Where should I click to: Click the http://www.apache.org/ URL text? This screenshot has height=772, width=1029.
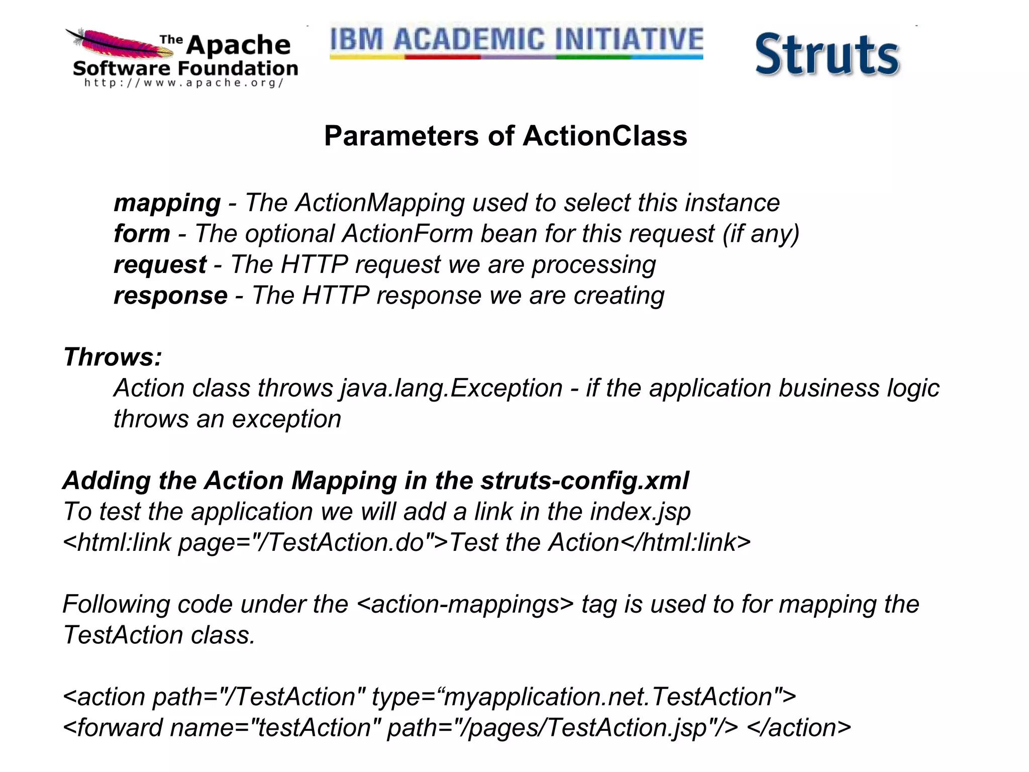(184, 83)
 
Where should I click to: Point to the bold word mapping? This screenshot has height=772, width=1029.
(167, 203)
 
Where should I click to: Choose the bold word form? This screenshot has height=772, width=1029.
(142, 234)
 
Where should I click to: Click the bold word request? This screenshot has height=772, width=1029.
(160, 265)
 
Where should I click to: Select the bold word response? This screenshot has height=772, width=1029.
(170, 296)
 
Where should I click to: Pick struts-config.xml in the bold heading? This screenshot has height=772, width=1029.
(584, 481)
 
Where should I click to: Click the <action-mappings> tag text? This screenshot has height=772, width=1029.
(465, 604)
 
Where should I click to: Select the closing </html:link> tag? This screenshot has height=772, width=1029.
(685, 543)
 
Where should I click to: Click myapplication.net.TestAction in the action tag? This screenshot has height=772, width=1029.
(608, 697)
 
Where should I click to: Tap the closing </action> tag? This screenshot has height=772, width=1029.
(799, 728)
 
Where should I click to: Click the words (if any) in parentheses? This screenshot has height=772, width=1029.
(761, 234)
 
